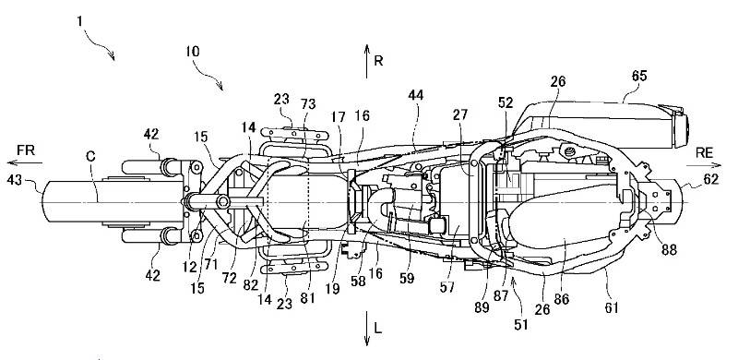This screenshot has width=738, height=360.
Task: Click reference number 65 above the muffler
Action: pyautogui.click(x=638, y=77)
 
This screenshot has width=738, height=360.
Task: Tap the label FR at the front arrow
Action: pyautogui.click(x=26, y=150)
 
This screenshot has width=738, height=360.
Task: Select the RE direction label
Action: pyautogui.click(x=704, y=152)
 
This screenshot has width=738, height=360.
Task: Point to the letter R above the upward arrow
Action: pyautogui.click(x=378, y=61)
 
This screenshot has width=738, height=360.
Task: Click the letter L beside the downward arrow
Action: pyautogui.click(x=378, y=329)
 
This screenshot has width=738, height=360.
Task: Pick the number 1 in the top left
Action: pyautogui.click(x=80, y=21)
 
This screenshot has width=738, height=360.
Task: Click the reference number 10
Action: pyautogui.click(x=192, y=51)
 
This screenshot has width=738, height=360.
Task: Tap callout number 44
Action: pyautogui.click(x=416, y=96)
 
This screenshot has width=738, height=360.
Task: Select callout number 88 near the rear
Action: pyautogui.click(x=668, y=249)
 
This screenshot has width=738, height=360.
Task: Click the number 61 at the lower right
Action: pyautogui.click(x=611, y=307)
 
